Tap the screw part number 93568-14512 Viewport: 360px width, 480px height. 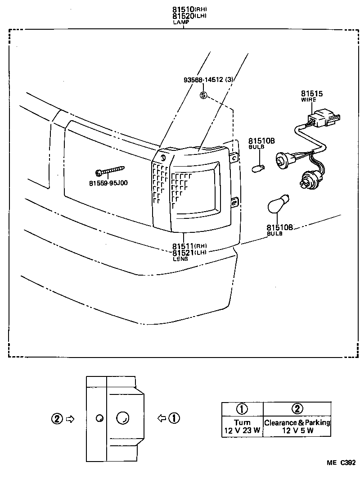click(208, 80)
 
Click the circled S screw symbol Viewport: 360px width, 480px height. click(203, 95)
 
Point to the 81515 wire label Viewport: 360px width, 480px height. click(311, 94)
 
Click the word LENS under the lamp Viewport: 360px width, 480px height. click(180, 258)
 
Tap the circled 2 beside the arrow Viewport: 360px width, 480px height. click(56, 419)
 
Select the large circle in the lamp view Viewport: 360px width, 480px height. click(122, 418)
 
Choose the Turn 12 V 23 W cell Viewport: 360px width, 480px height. click(242, 426)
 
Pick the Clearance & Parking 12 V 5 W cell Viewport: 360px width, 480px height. click(297, 426)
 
